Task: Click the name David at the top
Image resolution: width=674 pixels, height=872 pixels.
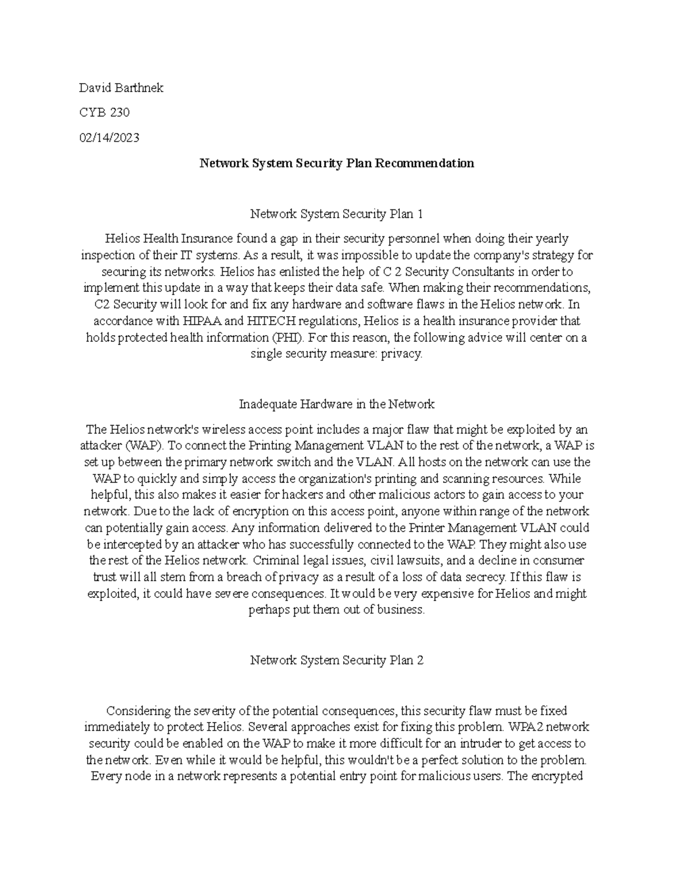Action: (95, 88)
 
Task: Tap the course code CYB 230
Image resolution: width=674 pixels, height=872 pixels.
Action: (104, 113)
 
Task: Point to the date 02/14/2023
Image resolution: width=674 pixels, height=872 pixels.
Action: (109, 138)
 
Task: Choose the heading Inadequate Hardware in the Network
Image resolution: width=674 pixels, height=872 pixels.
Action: (336, 404)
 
